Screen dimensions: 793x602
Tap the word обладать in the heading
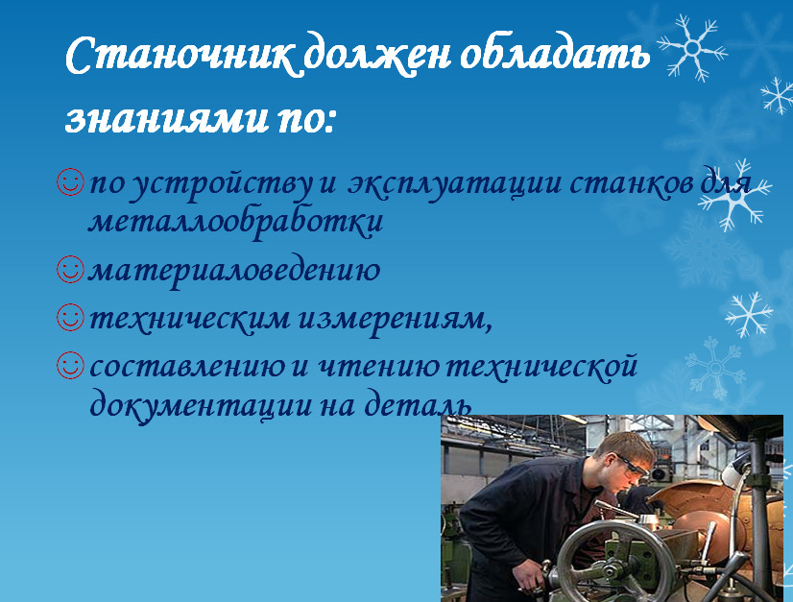[x=554, y=54]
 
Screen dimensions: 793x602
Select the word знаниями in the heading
[x=166, y=120]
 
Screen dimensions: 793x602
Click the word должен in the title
[x=377, y=56]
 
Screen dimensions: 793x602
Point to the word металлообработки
[x=235, y=221]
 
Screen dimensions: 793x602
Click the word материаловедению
[x=234, y=271]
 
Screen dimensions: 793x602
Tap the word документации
[x=201, y=405]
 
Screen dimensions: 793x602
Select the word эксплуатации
[x=455, y=184]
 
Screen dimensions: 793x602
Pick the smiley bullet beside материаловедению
[x=70, y=269]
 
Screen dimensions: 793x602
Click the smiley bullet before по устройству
[x=70, y=182]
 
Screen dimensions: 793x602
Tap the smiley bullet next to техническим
[x=70, y=317]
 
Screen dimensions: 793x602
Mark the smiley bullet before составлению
[x=70, y=365]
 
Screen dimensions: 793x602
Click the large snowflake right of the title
[x=692, y=48]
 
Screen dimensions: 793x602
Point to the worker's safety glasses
[x=632, y=466]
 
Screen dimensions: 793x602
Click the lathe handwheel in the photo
[x=602, y=563]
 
